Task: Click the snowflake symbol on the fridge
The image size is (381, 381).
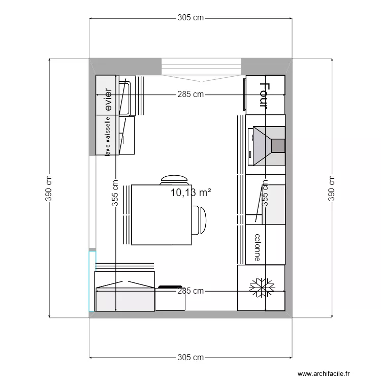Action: coord(261,287)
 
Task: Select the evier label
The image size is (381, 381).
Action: coord(108,100)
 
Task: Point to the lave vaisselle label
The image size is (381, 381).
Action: coord(108,136)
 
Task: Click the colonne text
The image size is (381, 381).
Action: coord(258,247)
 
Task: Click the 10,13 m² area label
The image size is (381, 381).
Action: coord(190,193)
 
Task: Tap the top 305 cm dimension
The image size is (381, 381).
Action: coord(190,18)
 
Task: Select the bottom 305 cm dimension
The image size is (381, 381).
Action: coord(190,358)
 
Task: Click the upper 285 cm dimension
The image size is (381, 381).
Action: coord(190,94)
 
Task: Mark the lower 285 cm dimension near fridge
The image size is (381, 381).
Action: coord(190,291)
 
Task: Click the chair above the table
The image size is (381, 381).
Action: coord(174,179)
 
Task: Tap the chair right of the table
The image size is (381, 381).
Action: coord(201,220)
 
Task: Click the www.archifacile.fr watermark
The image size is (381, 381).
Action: coord(324,373)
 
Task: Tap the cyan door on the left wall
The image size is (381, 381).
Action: coord(92,281)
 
